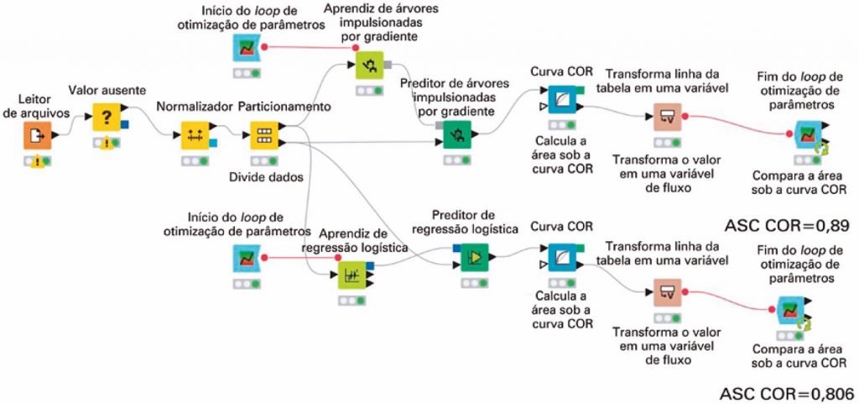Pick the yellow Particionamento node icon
[263, 134]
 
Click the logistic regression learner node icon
[351, 275]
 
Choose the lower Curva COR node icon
[560, 256]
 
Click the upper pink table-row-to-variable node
[668, 118]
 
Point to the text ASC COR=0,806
[786, 392]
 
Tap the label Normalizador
[193, 107]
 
